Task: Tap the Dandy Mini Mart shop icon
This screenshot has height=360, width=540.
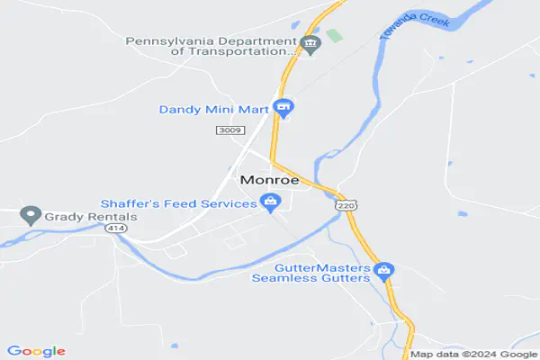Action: pos(283,110)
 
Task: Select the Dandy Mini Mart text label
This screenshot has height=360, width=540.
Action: pos(214,110)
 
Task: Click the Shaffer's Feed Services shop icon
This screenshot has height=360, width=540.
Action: pos(268,202)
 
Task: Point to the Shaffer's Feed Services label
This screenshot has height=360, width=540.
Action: pos(179,202)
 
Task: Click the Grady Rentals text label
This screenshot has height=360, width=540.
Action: pos(89,217)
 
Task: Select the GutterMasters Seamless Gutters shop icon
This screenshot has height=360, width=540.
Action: pos(383,269)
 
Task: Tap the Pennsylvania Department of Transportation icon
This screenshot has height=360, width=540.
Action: pos(310,45)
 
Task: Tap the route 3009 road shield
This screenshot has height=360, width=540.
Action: pos(228,131)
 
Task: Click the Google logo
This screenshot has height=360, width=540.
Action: pos(36,351)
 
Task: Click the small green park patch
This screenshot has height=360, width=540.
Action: pos(334,36)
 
